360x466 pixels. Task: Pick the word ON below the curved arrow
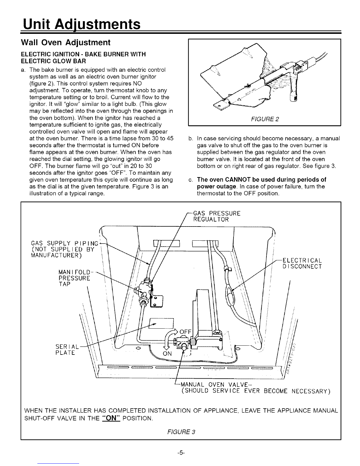pos(167,354)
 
